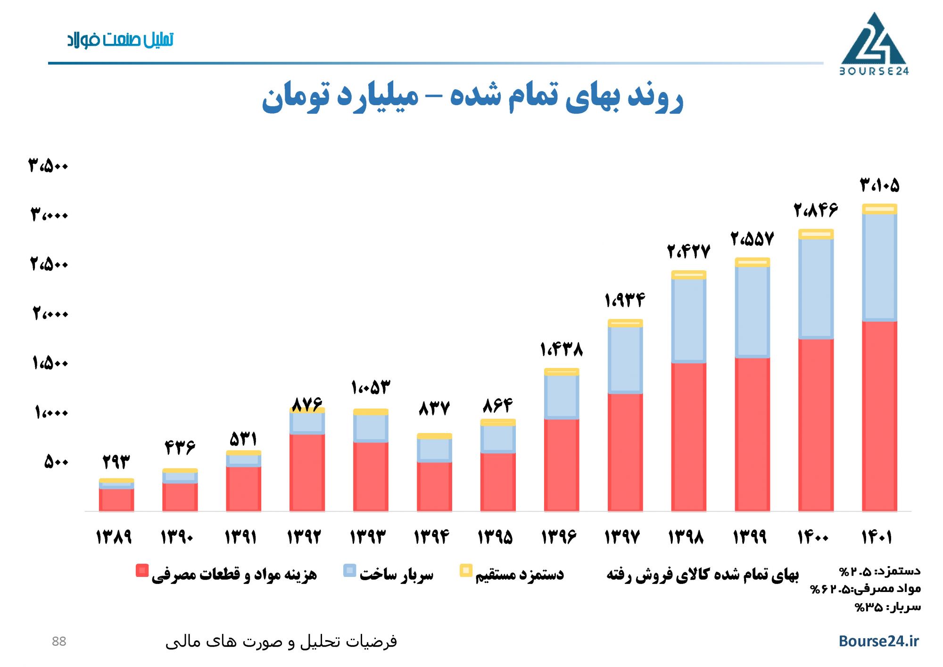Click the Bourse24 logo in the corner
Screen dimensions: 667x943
point(874,44)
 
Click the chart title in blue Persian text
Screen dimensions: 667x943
point(472,97)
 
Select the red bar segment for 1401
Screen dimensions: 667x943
point(879,415)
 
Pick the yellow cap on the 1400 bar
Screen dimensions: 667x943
point(816,234)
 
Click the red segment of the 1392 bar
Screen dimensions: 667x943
point(307,472)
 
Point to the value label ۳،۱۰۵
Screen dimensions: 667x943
point(879,185)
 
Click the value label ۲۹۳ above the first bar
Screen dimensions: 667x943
point(116,461)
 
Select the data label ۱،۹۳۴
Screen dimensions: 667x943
point(624,300)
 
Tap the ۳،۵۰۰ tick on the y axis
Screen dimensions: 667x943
point(49,166)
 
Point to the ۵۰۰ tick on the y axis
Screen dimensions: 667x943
point(56,461)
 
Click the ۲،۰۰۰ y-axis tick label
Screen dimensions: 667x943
point(50,313)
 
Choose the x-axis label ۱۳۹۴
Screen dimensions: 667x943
point(431,537)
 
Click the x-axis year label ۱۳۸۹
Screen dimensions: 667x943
point(114,537)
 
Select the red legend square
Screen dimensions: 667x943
point(142,570)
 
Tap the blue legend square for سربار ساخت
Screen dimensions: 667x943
point(349,570)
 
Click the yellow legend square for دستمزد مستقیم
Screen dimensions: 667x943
point(466,570)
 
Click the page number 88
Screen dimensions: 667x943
point(59,641)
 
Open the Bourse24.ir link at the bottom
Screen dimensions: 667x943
point(878,641)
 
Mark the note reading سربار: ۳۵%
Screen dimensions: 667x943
point(887,607)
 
